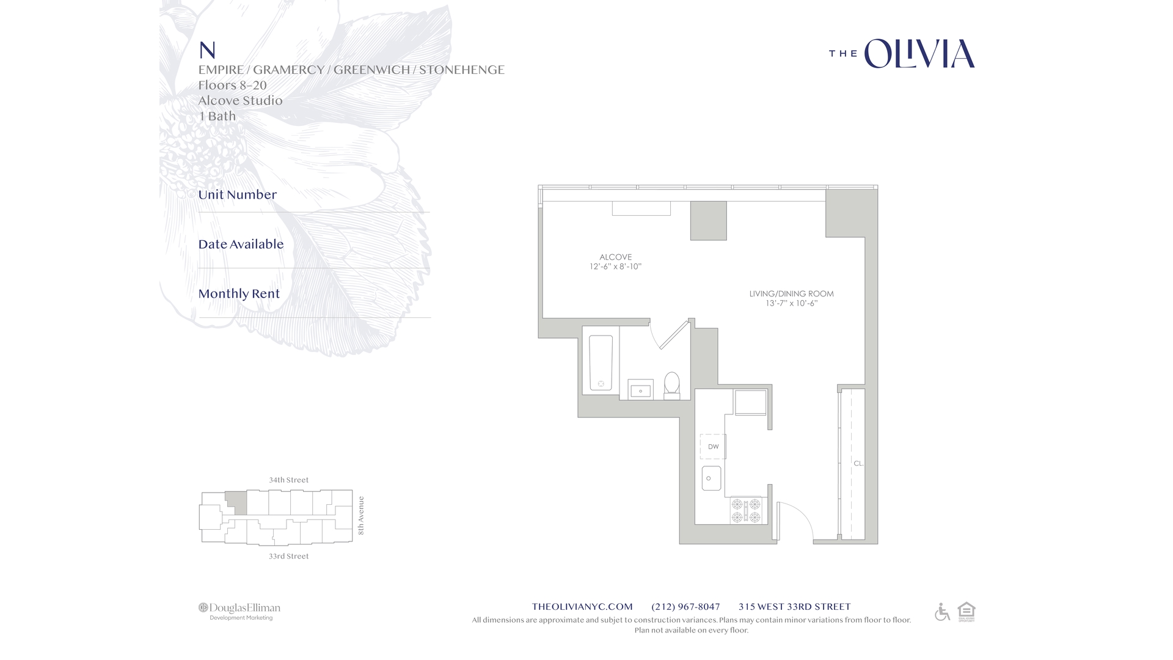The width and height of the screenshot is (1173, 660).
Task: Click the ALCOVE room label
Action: click(615, 257)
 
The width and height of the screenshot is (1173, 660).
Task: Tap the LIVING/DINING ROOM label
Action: click(791, 294)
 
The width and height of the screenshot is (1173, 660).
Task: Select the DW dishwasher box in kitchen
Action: click(713, 447)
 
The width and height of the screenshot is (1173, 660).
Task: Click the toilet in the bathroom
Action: click(671, 384)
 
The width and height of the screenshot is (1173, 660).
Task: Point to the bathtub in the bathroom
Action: click(601, 362)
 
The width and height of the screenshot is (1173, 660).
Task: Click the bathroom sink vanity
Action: click(640, 390)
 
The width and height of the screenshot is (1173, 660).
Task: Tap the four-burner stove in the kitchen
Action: click(746, 511)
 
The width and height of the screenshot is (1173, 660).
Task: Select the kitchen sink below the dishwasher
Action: click(711, 479)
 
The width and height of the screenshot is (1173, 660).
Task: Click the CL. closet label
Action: click(858, 463)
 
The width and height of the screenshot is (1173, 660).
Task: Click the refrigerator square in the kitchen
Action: click(750, 403)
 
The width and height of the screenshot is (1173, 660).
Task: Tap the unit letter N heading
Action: click(207, 50)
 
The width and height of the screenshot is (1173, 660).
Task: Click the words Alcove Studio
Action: click(240, 101)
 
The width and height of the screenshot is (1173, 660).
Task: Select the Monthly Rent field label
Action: click(239, 294)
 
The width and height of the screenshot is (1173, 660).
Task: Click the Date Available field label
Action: click(241, 244)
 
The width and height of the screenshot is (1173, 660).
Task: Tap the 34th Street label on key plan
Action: click(288, 480)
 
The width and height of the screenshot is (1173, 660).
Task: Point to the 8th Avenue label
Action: click(360, 516)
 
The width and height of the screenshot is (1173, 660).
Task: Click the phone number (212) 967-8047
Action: click(685, 607)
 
